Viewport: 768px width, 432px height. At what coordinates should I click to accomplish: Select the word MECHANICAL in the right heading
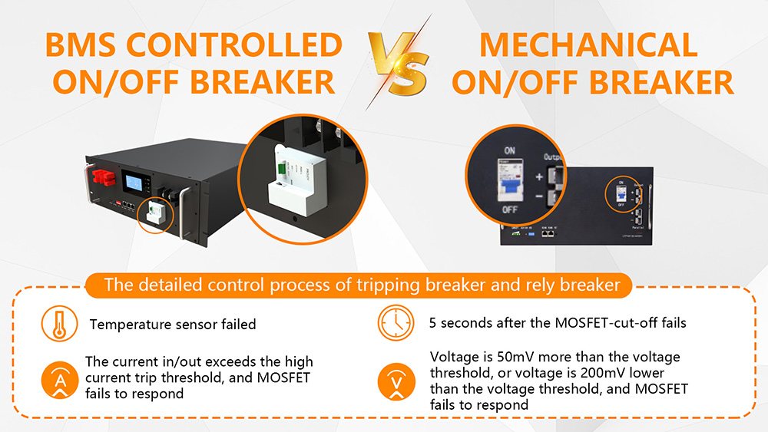(x=588, y=45)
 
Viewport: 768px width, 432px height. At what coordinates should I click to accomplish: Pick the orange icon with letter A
(x=58, y=378)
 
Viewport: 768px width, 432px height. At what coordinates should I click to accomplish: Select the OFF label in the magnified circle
(x=508, y=208)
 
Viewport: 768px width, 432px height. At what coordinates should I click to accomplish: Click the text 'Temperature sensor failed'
(x=173, y=325)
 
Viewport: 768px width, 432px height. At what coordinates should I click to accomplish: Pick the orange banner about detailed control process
(x=362, y=285)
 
